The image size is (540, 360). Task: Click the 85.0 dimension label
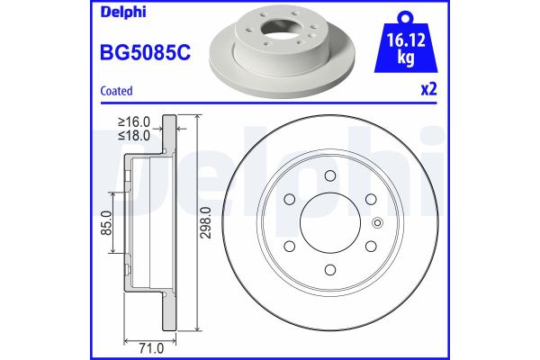[106, 221]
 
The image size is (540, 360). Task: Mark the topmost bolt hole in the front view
[329, 175]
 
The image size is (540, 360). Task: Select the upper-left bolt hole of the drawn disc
[289, 198]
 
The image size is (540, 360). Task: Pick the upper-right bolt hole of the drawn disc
[370, 198]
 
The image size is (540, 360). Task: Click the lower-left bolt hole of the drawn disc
[289, 245]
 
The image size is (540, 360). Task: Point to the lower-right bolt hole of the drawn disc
[370, 245]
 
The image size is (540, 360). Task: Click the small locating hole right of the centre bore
[376, 221]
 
